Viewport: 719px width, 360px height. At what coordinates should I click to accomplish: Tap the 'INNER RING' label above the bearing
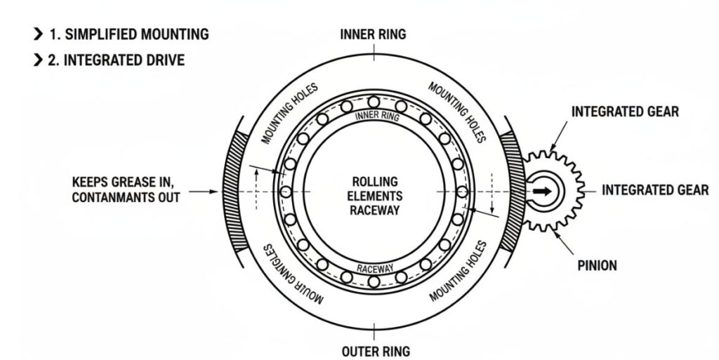click(373, 34)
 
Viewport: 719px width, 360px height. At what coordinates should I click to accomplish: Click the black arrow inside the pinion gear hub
click(541, 190)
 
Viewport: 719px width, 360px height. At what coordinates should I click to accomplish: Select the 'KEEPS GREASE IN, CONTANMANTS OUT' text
click(126, 190)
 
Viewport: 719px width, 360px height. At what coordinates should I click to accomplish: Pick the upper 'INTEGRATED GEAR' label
click(625, 112)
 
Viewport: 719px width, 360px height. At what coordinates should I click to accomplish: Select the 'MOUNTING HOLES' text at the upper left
click(289, 113)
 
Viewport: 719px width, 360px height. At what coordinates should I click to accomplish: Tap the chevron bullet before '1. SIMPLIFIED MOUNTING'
click(37, 34)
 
